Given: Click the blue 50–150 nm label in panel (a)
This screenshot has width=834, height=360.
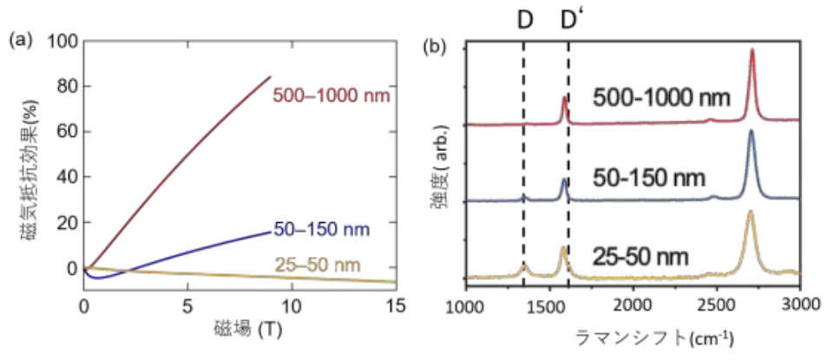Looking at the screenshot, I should [322, 231].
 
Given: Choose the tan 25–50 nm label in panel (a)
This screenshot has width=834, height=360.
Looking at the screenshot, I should [319, 265].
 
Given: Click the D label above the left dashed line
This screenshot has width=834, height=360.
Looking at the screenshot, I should [525, 18].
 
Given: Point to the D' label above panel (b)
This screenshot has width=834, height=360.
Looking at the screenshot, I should [572, 18].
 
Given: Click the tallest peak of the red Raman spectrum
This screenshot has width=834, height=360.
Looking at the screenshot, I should [752, 50].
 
